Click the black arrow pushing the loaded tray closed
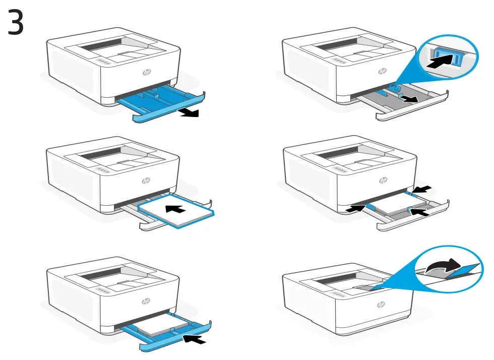195,340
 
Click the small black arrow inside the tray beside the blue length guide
412,100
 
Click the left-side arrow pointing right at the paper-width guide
355,207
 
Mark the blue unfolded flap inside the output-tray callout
464,271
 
